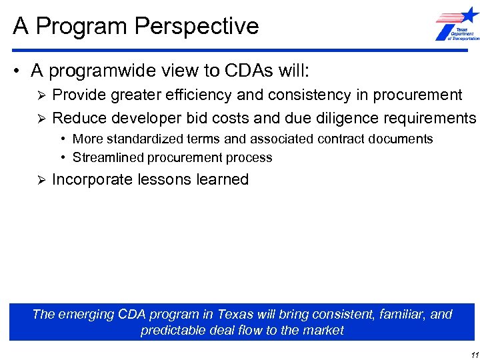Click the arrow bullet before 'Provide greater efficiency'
(39, 95)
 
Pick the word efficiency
(203, 95)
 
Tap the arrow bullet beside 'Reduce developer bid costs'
(39, 119)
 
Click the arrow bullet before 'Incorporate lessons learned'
(39, 180)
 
